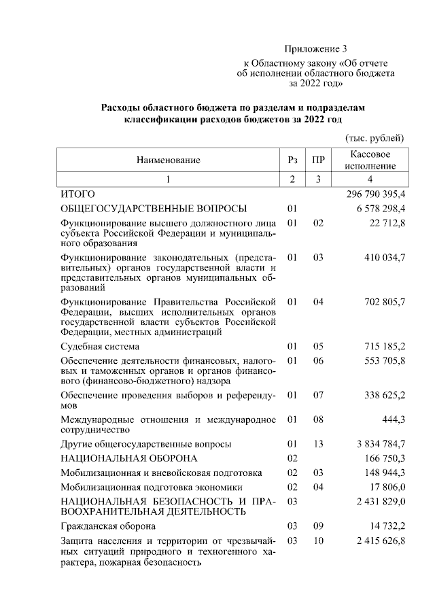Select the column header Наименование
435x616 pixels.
(x=168, y=160)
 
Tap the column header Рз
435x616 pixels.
(x=292, y=160)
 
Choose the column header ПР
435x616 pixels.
(x=317, y=160)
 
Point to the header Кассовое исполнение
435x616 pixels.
(x=370, y=160)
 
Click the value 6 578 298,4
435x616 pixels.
(x=380, y=208)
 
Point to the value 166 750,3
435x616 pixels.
(x=384, y=458)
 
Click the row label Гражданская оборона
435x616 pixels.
(x=108, y=526)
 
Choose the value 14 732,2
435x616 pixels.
(x=387, y=526)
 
